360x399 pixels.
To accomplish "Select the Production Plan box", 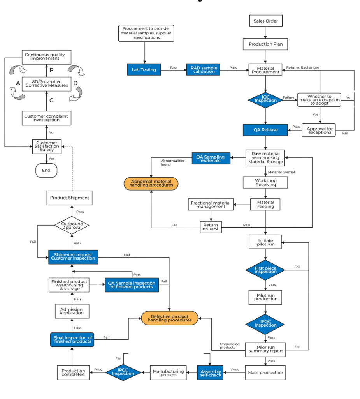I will (x=265, y=44).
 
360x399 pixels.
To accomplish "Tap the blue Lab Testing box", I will (x=144, y=70).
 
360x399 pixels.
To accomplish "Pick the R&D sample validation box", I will (x=202, y=70).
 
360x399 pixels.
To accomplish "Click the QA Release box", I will (x=265, y=130).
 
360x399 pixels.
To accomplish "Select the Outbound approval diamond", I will (x=72, y=225).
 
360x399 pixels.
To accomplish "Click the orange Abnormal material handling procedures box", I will (x=151, y=183).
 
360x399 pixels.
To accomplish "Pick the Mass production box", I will (x=265, y=373).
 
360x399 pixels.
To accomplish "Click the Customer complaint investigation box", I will (x=47, y=118).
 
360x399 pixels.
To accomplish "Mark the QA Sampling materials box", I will (x=210, y=158).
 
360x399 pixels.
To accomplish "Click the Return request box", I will (x=211, y=227).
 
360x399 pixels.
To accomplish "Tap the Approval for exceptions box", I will (x=319, y=130).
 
